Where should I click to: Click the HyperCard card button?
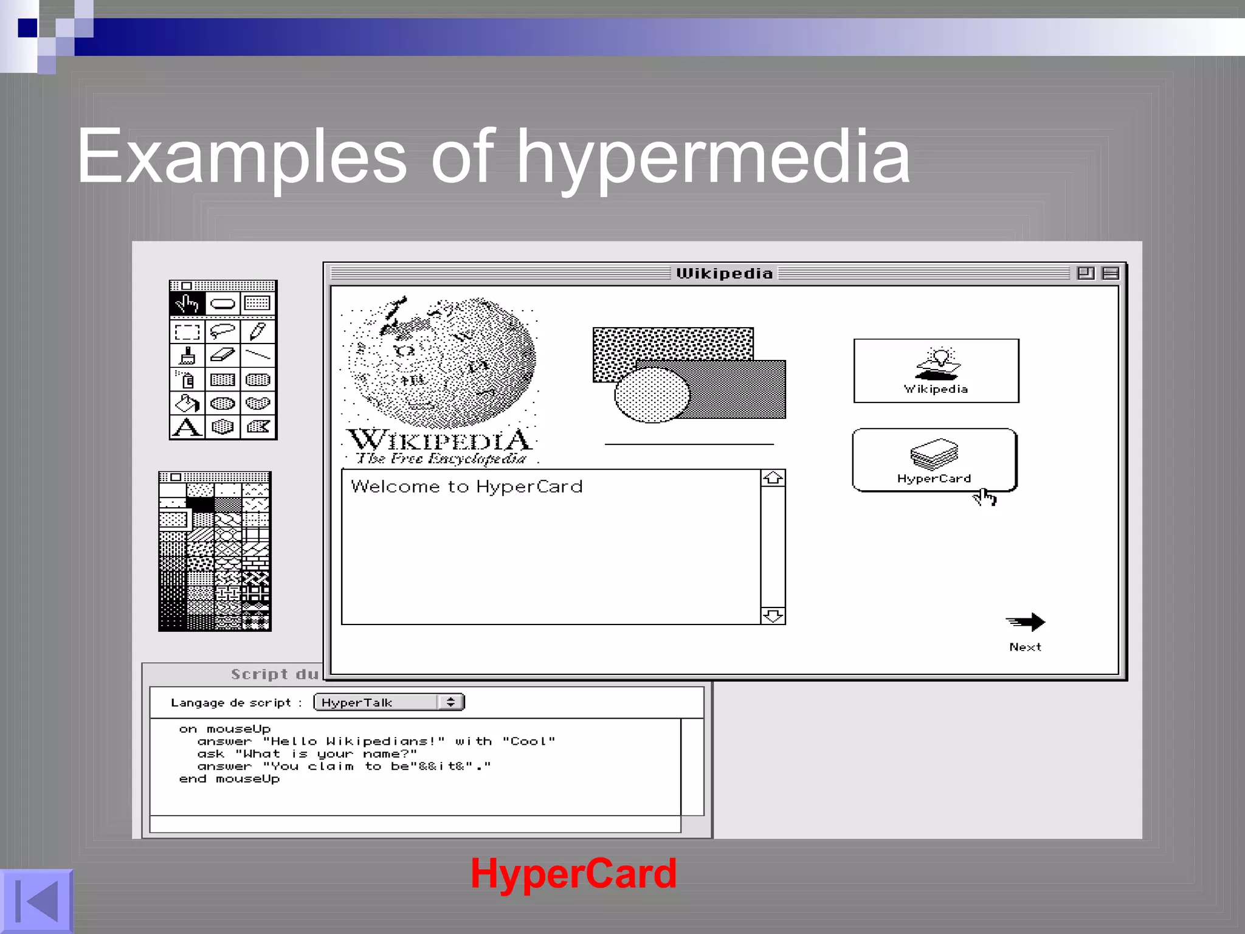[934, 460]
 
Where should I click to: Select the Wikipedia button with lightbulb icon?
[936, 371]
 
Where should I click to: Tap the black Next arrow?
[1026, 623]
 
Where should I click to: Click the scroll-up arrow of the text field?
[773, 479]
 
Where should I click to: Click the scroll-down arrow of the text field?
[773, 616]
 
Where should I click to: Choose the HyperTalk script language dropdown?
[389, 702]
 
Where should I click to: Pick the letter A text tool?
[187, 427]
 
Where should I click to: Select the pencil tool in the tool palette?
[258, 332]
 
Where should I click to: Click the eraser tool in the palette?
[222, 355]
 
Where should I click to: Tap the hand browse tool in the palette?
[187, 303]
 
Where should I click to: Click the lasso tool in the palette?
[222, 332]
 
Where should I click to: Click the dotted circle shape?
[652, 395]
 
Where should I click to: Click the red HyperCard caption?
[573, 874]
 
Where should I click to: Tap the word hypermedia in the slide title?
[713, 157]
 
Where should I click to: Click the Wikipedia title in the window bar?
[724, 274]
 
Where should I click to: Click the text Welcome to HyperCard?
[466, 486]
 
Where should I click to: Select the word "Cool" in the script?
[528, 741]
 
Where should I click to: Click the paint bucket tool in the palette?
[187, 403]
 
